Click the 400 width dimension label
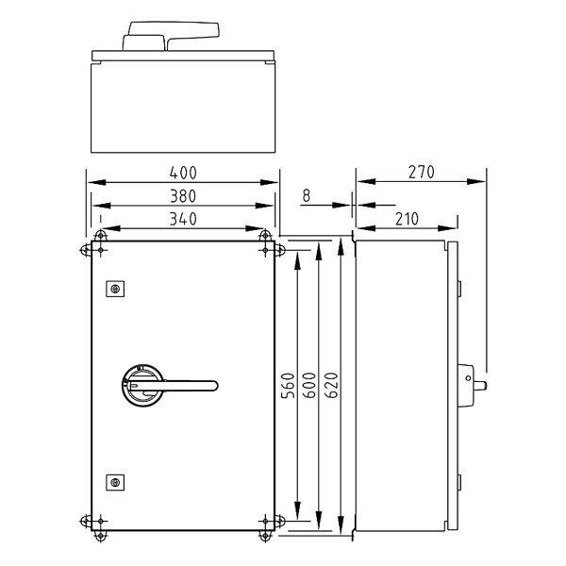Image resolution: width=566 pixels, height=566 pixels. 183,173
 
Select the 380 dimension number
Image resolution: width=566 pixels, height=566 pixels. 183,196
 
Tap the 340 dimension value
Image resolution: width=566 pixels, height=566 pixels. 183,219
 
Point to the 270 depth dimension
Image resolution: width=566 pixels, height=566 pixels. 421,173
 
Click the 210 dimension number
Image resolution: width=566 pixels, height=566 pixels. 407,219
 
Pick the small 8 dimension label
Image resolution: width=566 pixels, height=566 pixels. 306,195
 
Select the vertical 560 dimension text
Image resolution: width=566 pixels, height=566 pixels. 288,386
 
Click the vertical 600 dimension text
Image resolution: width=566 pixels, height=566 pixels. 309,386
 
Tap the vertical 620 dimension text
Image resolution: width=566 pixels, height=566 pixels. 331,386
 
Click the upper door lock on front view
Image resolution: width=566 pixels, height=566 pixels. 115,289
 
